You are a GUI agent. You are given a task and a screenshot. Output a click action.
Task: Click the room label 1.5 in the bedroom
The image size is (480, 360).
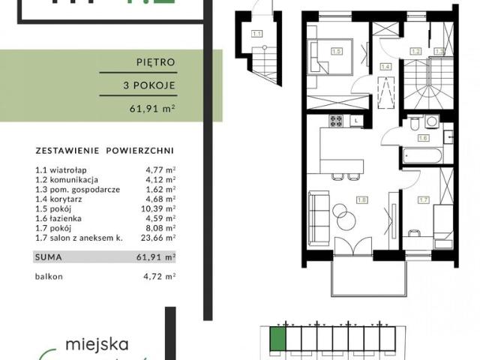pos(337,51)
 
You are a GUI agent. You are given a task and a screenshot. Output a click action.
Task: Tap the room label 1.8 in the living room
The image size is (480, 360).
pos(363,200)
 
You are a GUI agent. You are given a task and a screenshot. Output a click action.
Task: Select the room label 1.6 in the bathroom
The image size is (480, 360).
pos(423,138)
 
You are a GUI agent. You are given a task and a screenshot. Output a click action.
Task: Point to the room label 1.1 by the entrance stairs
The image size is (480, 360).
pos(256,33)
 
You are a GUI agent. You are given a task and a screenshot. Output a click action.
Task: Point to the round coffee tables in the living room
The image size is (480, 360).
pos(342,217)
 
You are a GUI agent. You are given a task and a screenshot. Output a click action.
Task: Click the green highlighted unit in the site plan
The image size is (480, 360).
pos(278,339)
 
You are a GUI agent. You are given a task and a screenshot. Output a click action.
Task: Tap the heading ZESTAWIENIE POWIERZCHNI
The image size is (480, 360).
pos(104,148)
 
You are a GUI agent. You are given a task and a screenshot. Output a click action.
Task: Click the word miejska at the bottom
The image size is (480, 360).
pos(97,345)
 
